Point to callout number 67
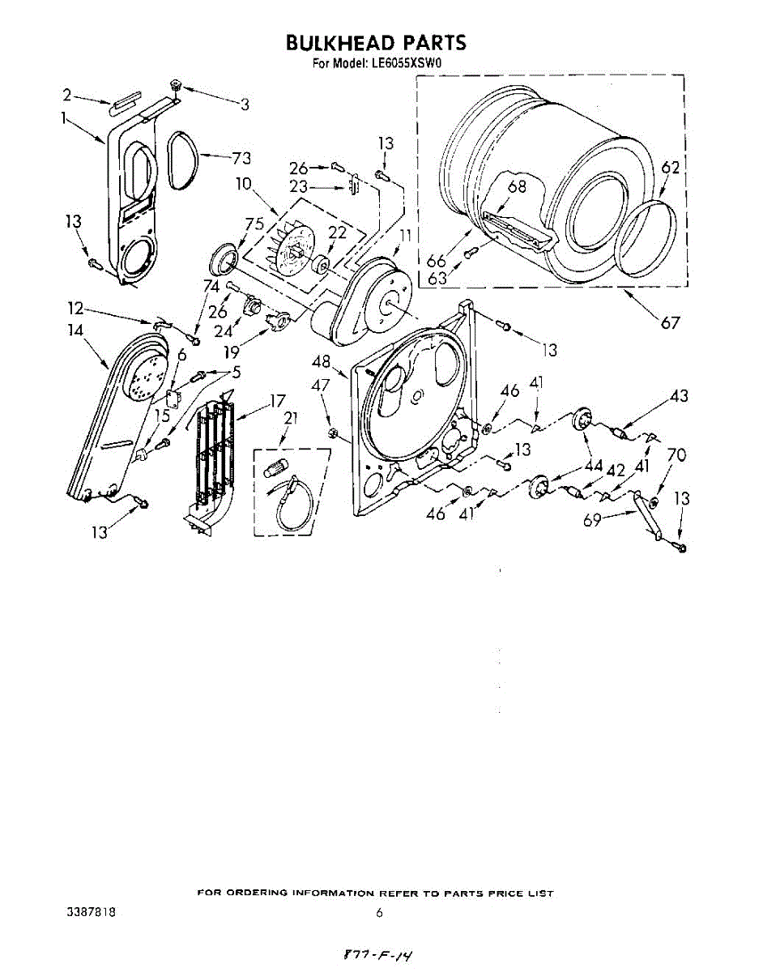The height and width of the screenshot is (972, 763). click(x=669, y=323)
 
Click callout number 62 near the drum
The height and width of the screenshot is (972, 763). click(x=670, y=168)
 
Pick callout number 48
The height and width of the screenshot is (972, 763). click(x=322, y=363)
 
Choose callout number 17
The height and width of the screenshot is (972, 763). click(x=278, y=400)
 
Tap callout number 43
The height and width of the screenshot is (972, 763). click(x=679, y=397)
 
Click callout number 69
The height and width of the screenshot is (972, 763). click(x=592, y=519)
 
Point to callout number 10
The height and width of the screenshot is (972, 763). click(x=244, y=185)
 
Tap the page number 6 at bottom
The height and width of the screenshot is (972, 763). click(x=379, y=913)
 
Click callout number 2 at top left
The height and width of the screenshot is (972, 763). click(x=67, y=95)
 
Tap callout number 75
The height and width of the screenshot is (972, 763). click(x=255, y=225)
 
